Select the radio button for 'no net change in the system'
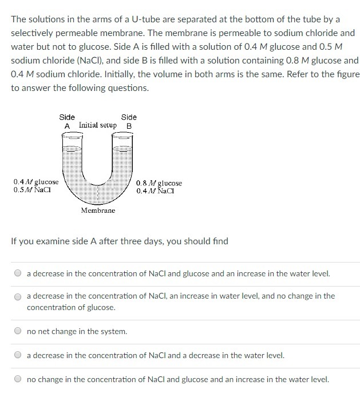coord(18,331)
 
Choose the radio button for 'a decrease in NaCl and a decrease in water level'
coord(18,355)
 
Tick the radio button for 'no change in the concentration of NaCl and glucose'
coord(18,379)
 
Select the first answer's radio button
coord(18,273)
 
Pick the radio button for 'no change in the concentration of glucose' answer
coord(18,297)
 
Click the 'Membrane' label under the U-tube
coord(98,211)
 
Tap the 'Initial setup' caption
coord(98,125)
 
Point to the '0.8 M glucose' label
coord(159,183)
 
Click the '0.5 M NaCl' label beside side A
coord(32,190)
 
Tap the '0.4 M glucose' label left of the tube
coord(36,182)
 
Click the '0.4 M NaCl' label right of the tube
coord(155,191)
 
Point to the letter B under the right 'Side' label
coord(129,126)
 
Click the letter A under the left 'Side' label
coord(67,126)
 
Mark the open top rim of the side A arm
coord(72,136)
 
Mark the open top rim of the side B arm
coord(122,136)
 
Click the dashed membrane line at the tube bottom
coord(98,194)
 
